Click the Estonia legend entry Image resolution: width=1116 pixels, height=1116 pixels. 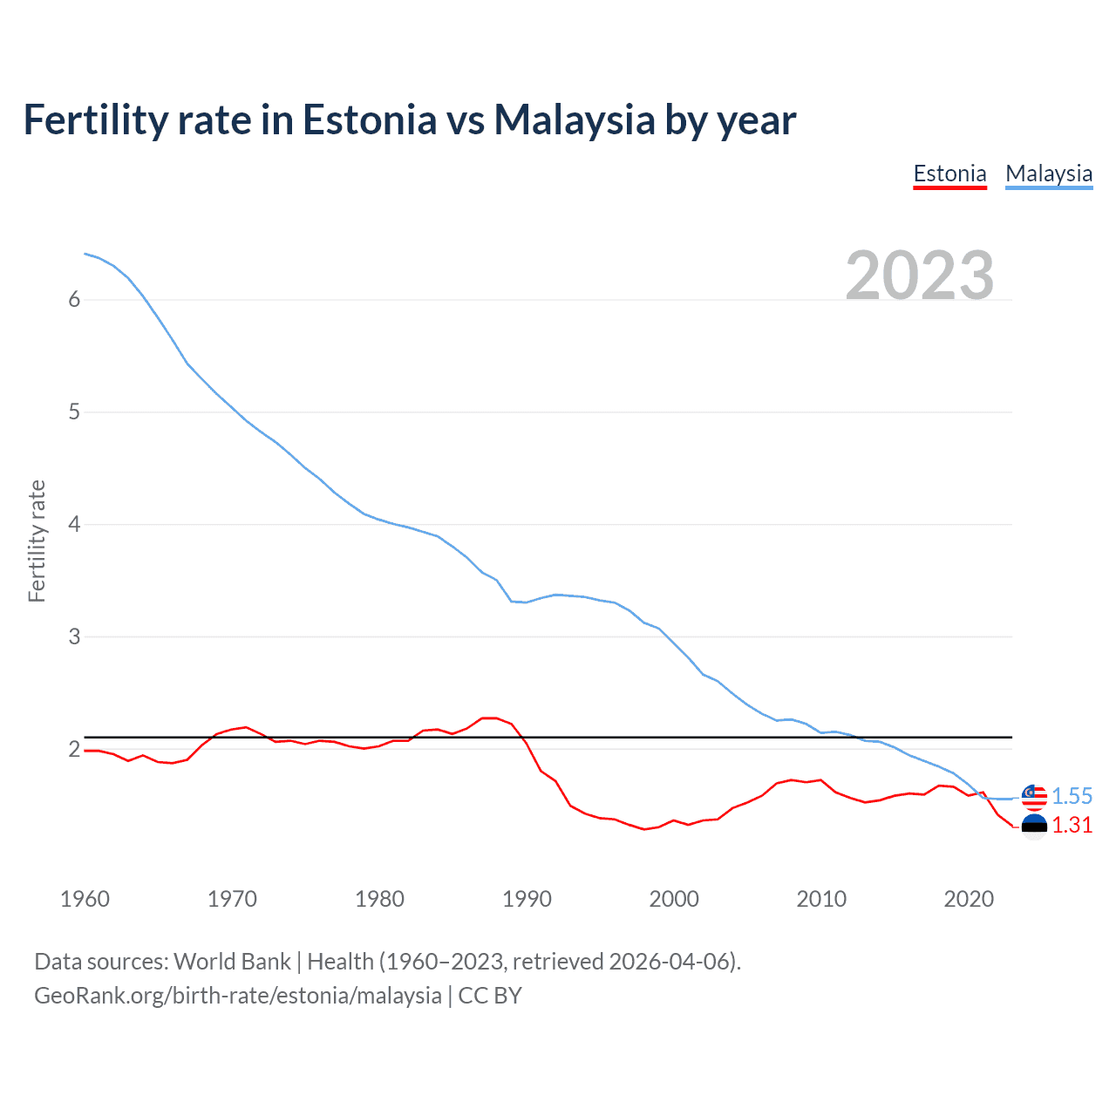pyautogui.click(x=949, y=174)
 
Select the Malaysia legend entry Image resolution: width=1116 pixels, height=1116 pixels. pyautogui.click(x=1048, y=174)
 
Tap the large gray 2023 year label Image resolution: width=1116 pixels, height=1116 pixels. pyautogui.click(x=919, y=276)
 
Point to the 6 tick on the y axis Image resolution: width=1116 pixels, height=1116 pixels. pyautogui.click(x=74, y=300)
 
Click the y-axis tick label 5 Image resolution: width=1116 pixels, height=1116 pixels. pyautogui.click(x=74, y=412)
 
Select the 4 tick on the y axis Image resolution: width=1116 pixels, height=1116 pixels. pyautogui.click(x=74, y=525)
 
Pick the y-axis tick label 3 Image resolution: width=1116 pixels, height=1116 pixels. pyautogui.click(x=74, y=637)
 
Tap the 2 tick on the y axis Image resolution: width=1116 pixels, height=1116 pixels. pyautogui.click(x=74, y=750)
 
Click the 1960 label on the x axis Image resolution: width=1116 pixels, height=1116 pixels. pyautogui.click(x=85, y=899)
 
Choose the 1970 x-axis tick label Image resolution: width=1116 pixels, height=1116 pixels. pyautogui.click(x=232, y=899)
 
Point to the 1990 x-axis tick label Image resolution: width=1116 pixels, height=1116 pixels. pyautogui.click(x=527, y=899)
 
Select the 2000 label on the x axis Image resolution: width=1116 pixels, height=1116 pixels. pyautogui.click(x=674, y=899)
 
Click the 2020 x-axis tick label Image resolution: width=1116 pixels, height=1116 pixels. pyautogui.click(x=969, y=899)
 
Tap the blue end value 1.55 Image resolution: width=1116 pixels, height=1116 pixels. pyautogui.click(x=1072, y=796)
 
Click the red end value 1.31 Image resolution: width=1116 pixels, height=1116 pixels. pyautogui.click(x=1072, y=825)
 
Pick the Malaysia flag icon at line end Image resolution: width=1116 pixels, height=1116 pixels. pyautogui.click(x=1034, y=796)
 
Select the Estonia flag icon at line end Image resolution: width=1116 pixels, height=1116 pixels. pyautogui.click(x=1034, y=826)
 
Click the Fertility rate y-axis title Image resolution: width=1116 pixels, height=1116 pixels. pyautogui.click(x=37, y=541)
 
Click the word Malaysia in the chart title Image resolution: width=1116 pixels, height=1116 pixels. pyautogui.click(x=574, y=119)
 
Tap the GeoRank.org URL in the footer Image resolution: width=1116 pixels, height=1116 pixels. pyautogui.click(x=237, y=996)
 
